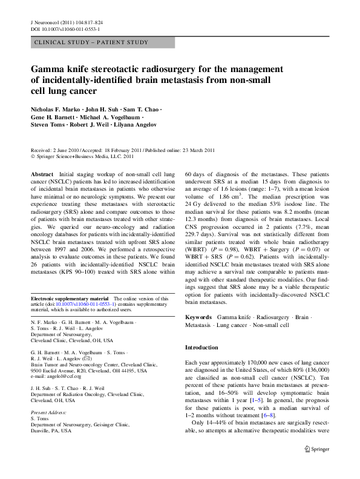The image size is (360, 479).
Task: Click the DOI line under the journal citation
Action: point(65,28)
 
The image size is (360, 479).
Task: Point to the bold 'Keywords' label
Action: point(198,317)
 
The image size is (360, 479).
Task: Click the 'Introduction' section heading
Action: point(201,348)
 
